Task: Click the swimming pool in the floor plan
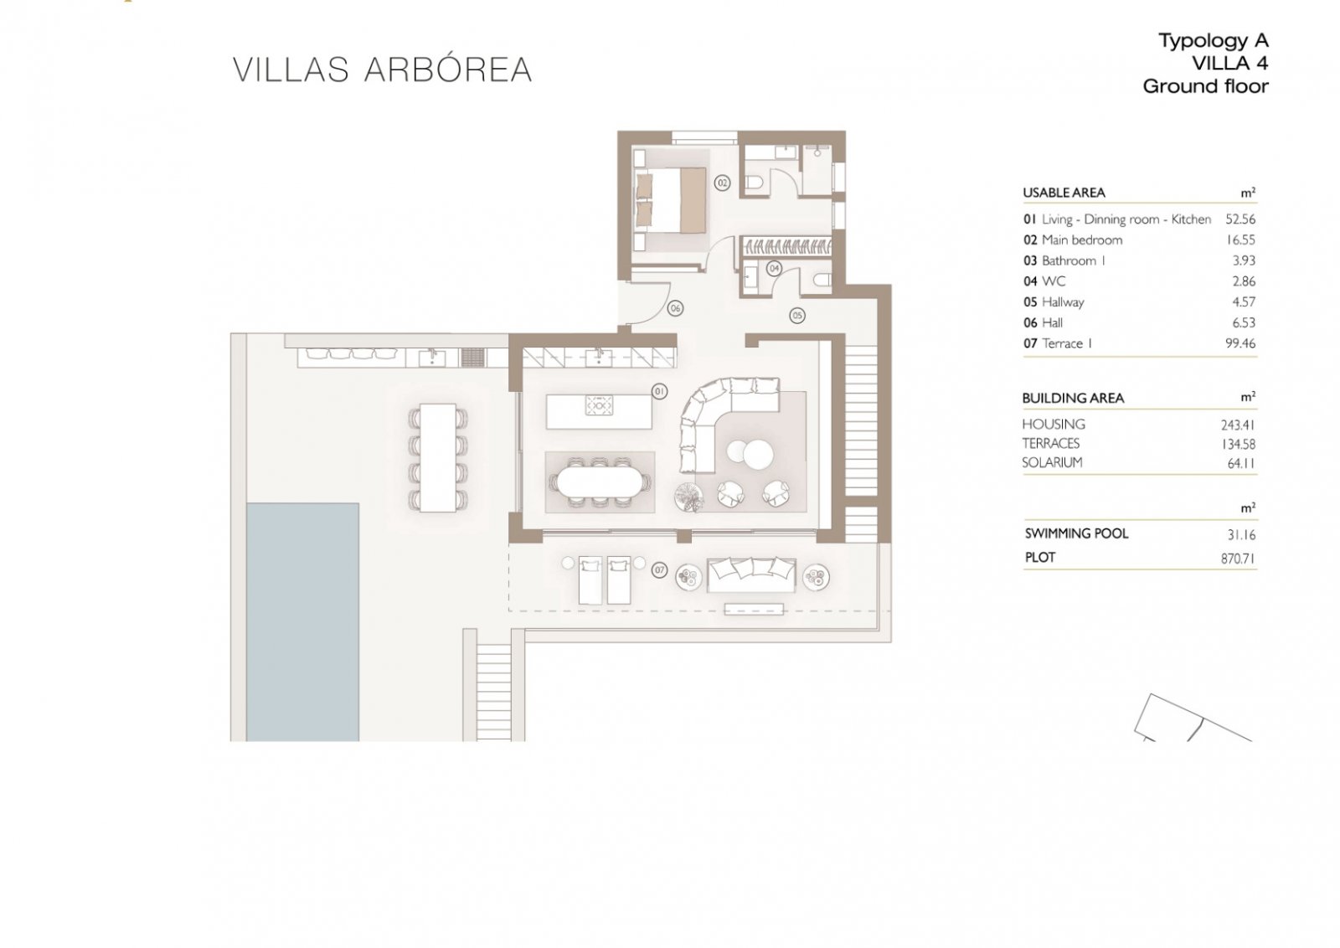pyautogui.click(x=302, y=622)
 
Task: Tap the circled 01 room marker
pyautogui.click(x=659, y=392)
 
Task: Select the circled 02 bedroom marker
pyautogui.click(x=722, y=183)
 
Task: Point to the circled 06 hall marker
pyautogui.click(x=675, y=309)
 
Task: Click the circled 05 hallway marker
pyautogui.click(x=796, y=315)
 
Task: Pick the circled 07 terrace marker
pyautogui.click(x=659, y=570)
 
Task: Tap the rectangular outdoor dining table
pyautogui.click(x=438, y=457)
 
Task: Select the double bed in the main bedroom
pyautogui.click(x=669, y=200)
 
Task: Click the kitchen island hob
pyautogui.click(x=599, y=405)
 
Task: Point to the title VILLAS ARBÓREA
pyautogui.click(x=382, y=70)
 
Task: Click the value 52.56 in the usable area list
pyautogui.click(x=1240, y=219)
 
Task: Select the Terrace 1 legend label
pyautogui.click(x=1067, y=344)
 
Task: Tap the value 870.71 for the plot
pyautogui.click(x=1238, y=559)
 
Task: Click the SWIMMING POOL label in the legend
pyautogui.click(x=1076, y=533)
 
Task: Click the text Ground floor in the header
pyautogui.click(x=1205, y=87)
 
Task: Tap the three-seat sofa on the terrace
pyautogui.click(x=751, y=574)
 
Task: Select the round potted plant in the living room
pyautogui.click(x=688, y=497)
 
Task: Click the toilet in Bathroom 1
pyautogui.click(x=753, y=182)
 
